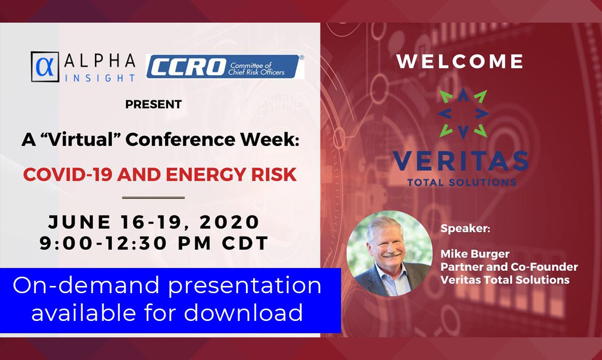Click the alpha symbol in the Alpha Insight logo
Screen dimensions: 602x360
click(45, 67)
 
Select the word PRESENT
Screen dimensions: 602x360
click(153, 104)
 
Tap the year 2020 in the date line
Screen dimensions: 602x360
click(229, 222)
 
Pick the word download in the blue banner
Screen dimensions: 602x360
click(243, 312)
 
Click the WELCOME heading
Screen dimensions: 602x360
click(460, 61)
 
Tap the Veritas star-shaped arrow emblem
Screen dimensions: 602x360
click(463, 113)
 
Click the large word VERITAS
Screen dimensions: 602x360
click(461, 161)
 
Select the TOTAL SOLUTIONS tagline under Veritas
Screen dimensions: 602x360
click(462, 183)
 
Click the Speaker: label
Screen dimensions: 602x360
click(465, 229)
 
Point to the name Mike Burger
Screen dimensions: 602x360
click(475, 254)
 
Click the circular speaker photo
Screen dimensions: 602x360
click(389, 254)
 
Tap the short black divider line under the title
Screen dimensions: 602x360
click(153, 197)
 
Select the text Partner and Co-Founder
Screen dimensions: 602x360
click(509, 267)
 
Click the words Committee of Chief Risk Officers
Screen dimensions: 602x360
click(256, 69)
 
